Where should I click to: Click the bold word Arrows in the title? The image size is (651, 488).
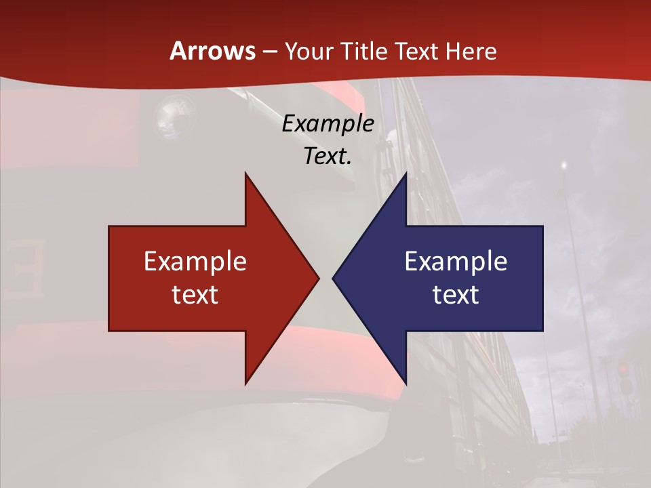pyautogui.click(x=212, y=51)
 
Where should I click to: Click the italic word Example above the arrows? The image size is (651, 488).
pyautogui.click(x=328, y=124)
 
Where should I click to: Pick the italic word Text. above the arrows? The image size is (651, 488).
pyautogui.click(x=328, y=156)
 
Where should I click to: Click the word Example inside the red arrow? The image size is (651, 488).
pyautogui.click(x=195, y=262)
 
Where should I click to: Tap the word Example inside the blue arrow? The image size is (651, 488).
pyautogui.click(x=456, y=262)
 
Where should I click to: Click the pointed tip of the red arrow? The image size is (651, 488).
pyautogui.click(x=319, y=278)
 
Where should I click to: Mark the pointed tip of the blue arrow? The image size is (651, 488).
pyautogui.click(x=333, y=278)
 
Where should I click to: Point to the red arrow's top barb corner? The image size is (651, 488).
pyautogui.click(x=245, y=174)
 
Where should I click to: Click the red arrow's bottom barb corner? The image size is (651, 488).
pyautogui.click(x=245, y=384)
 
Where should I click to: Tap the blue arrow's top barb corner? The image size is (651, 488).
pyautogui.click(x=406, y=174)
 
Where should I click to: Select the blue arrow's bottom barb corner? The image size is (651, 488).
pyautogui.click(x=406, y=384)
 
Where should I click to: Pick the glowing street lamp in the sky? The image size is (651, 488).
pyautogui.click(x=563, y=165)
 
